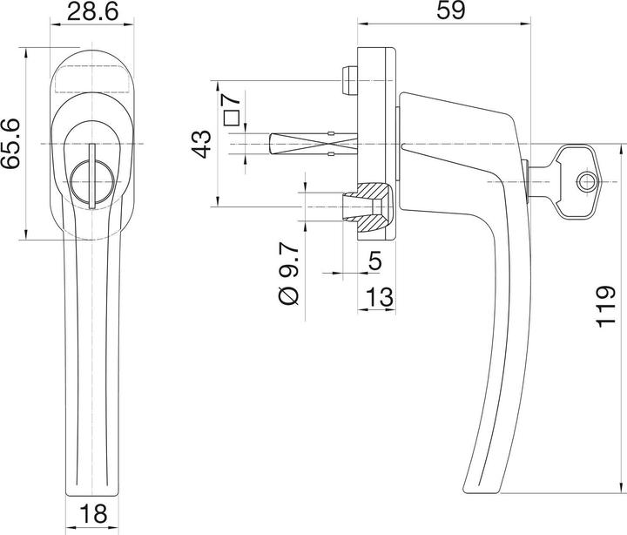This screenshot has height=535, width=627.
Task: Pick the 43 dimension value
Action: tap(201, 143)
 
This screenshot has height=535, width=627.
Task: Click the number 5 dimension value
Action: tap(375, 260)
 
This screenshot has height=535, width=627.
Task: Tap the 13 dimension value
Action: tap(376, 296)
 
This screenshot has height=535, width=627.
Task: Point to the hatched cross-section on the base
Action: tap(376, 208)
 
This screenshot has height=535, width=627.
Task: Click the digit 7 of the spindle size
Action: tap(231, 98)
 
